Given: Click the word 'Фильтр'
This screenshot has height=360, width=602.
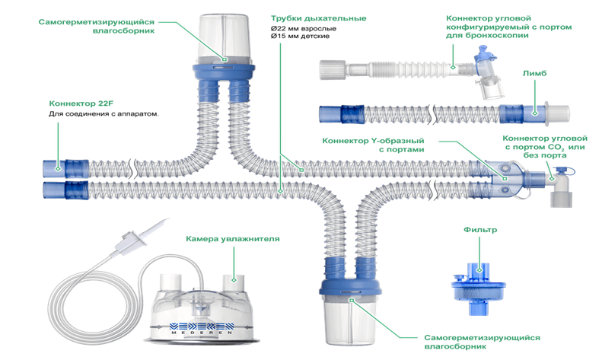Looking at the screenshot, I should [476, 229].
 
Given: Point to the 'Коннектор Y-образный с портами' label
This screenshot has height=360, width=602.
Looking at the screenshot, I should [371, 145].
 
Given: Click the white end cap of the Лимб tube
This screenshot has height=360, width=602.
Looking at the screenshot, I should [560, 114].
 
